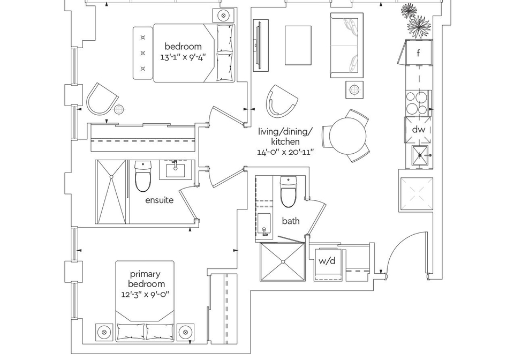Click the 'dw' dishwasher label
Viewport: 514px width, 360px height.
(418, 130)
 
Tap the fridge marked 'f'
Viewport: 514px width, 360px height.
(419, 52)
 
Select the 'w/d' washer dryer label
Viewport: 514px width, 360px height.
(327, 261)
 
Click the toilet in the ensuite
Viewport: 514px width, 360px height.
(143, 176)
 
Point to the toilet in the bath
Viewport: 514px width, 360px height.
(289, 192)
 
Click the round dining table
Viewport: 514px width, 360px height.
(347, 135)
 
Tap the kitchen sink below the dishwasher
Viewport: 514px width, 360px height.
(420, 157)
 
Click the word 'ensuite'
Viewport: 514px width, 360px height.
(160, 200)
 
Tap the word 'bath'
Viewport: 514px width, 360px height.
(291, 221)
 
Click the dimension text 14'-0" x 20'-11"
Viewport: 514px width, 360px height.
(285, 152)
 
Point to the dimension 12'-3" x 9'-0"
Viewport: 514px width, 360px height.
(145, 294)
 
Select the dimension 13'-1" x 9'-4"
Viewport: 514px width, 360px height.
(184, 57)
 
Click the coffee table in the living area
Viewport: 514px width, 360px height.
(298, 46)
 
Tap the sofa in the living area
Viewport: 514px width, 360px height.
(347, 46)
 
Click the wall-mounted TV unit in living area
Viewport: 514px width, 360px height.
(261, 45)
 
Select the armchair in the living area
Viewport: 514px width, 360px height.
(281, 101)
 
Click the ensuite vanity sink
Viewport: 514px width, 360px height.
(175, 170)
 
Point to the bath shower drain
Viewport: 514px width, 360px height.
(283, 261)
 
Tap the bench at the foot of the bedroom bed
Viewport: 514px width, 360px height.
(143, 53)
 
